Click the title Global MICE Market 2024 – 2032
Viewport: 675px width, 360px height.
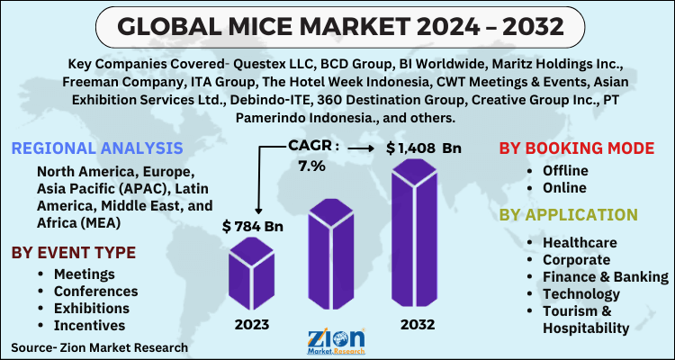pos(337,27)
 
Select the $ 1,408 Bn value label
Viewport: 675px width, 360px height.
pos(422,146)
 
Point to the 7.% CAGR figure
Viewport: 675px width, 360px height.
pos(310,166)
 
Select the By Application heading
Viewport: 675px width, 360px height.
pos(569,214)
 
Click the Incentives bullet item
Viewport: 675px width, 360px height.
pos(89,325)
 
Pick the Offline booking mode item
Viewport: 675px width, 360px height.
pos(564,171)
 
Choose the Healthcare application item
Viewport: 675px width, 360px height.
pos(580,243)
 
